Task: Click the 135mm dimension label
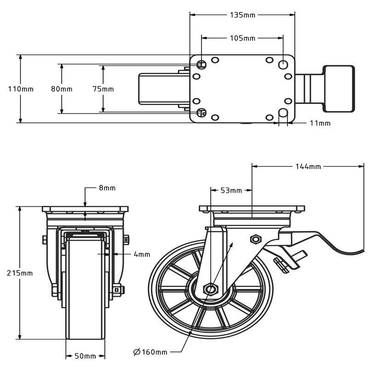[x=242, y=15]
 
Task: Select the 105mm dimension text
[x=242, y=38]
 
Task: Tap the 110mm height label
[x=21, y=89]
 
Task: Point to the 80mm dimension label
[x=62, y=89]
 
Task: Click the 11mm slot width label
[x=320, y=123]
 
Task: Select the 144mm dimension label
[x=308, y=166]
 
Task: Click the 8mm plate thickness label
[x=107, y=188]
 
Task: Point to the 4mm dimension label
[x=142, y=254]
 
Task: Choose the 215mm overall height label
[x=20, y=273]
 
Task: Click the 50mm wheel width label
[x=85, y=356]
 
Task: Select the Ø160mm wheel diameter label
[x=150, y=352]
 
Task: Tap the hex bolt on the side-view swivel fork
[x=254, y=239]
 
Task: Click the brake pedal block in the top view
[x=339, y=88]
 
